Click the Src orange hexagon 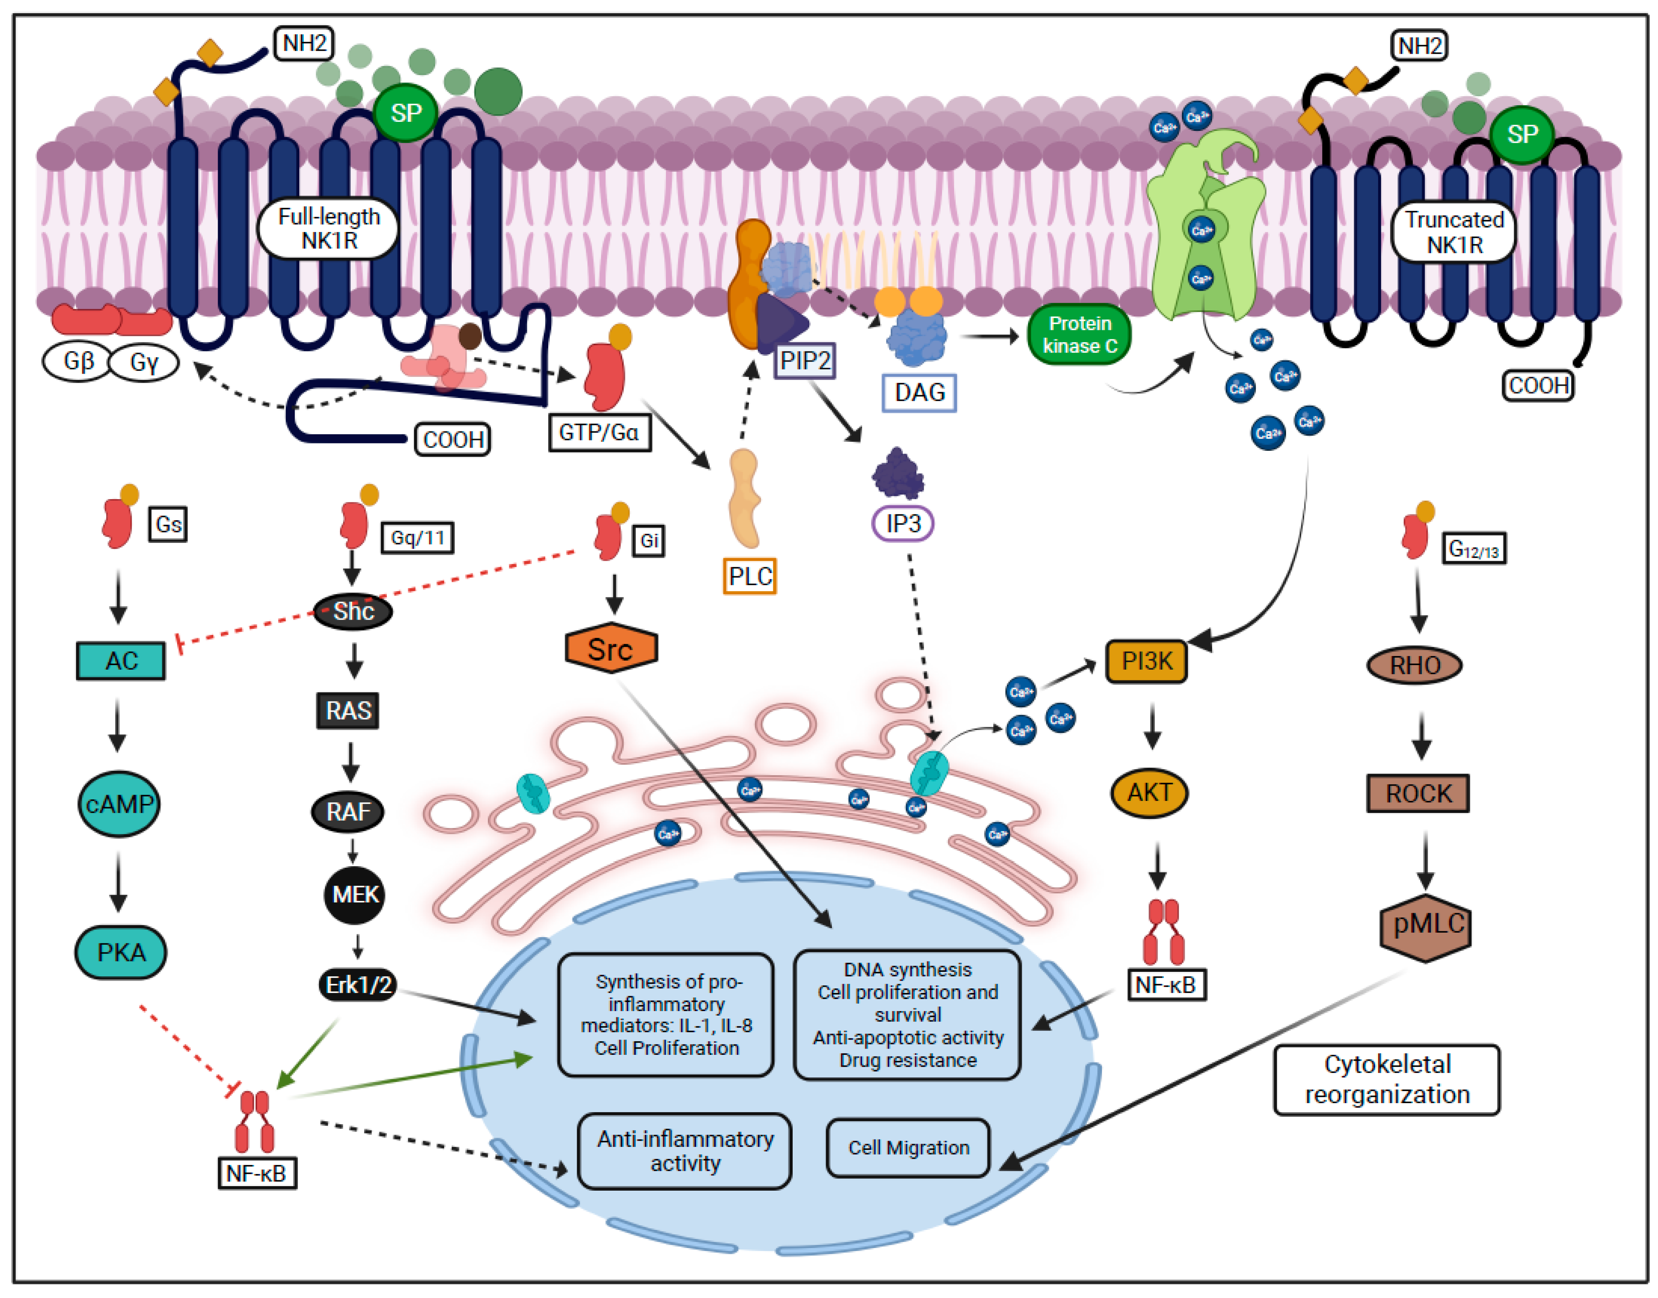[611, 649]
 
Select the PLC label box [749, 576]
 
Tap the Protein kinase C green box [1079, 334]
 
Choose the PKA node [121, 952]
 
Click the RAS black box [348, 711]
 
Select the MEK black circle [354, 895]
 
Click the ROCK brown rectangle [1417, 793]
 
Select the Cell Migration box [908, 1148]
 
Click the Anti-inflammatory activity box [685, 1151]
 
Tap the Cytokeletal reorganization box [1387, 1079]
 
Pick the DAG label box [919, 393]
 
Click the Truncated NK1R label [1453, 232]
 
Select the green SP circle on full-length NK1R [406, 113]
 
